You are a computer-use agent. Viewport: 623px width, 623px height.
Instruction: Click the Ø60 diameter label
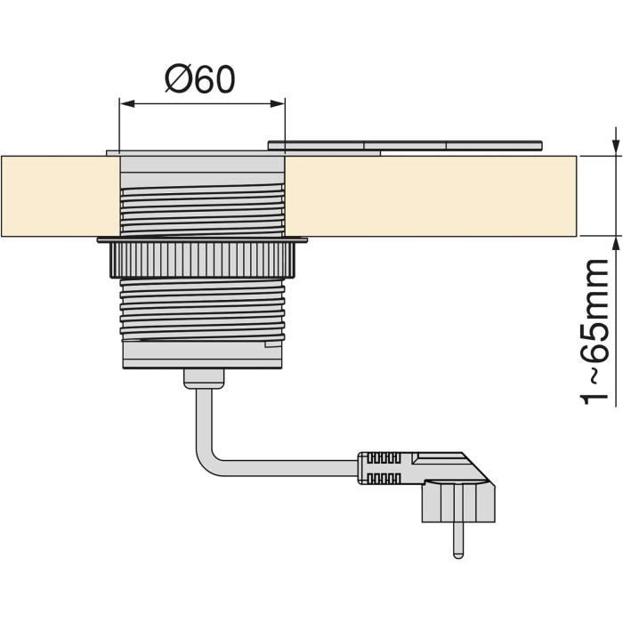point(200,79)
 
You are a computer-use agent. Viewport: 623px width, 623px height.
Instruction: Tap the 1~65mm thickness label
point(595,332)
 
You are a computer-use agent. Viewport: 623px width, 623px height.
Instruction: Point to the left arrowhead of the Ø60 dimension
point(127,104)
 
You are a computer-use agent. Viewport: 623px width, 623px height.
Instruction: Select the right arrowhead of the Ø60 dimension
point(278,104)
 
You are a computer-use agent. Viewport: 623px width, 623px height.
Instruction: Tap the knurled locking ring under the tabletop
point(203,259)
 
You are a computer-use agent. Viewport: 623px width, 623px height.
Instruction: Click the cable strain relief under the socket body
point(204,378)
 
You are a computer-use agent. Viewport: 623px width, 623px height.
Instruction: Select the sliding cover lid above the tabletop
point(405,145)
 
